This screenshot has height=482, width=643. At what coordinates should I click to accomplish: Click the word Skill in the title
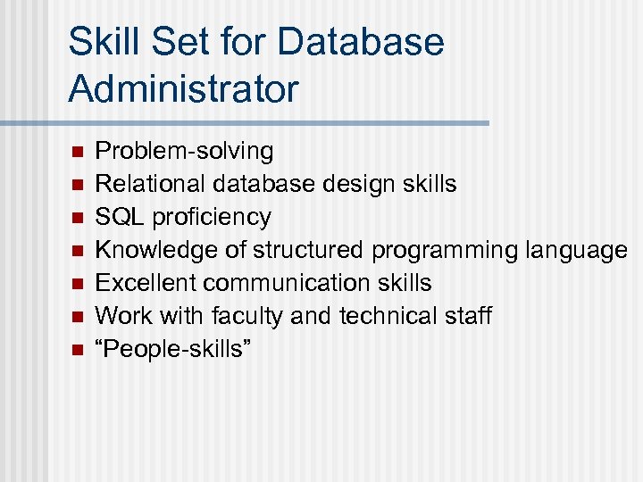click(x=100, y=42)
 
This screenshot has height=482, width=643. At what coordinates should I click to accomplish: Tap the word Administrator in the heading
click(x=183, y=89)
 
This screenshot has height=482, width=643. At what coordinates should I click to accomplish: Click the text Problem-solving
click(x=184, y=151)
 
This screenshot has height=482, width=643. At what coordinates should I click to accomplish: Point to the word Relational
click(x=150, y=184)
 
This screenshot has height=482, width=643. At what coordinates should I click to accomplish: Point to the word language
click(x=576, y=251)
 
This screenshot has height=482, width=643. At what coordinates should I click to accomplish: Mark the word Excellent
click(x=146, y=283)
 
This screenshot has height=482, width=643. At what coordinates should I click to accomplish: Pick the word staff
click(x=466, y=316)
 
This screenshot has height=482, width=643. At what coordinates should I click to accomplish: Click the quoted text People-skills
click(x=174, y=349)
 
